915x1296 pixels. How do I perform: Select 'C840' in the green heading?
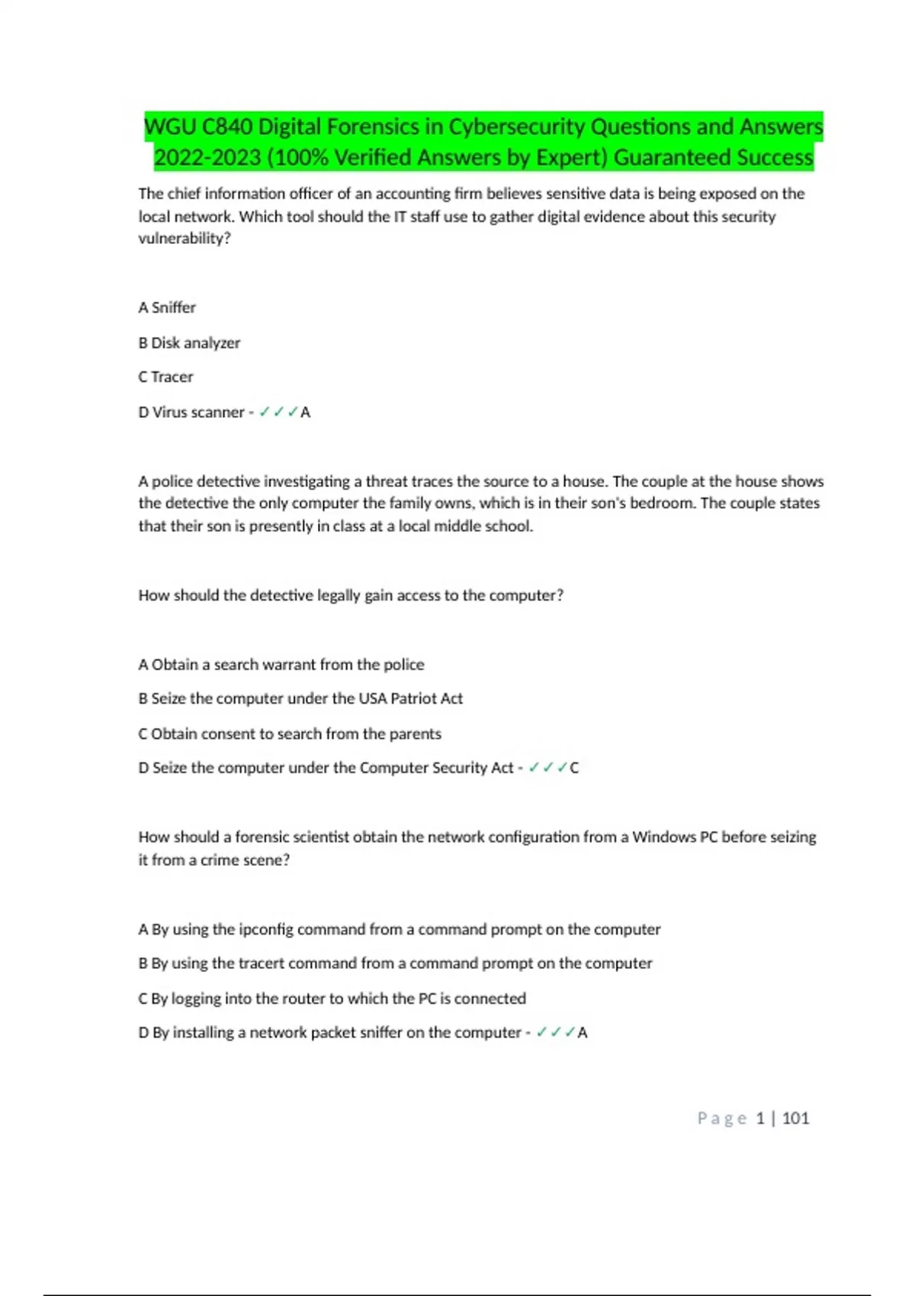[227, 127]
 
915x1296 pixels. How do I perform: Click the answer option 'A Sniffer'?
[167, 307]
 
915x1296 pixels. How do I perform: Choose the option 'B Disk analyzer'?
[189, 343]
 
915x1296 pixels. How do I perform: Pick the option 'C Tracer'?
[165, 377]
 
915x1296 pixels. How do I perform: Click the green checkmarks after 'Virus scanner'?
[278, 412]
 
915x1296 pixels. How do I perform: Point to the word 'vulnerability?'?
[184, 238]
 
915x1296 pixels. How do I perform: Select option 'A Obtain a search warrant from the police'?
[281, 664]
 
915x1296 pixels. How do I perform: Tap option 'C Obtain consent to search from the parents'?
[289, 733]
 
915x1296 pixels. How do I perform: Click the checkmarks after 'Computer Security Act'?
[547, 768]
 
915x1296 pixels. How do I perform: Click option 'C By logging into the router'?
[332, 998]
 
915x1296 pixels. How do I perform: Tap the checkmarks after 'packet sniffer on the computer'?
[555, 1032]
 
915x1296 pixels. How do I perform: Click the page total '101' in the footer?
[795, 1118]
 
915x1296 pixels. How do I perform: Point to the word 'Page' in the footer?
[721, 1118]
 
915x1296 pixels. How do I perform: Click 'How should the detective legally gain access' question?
[350, 595]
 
